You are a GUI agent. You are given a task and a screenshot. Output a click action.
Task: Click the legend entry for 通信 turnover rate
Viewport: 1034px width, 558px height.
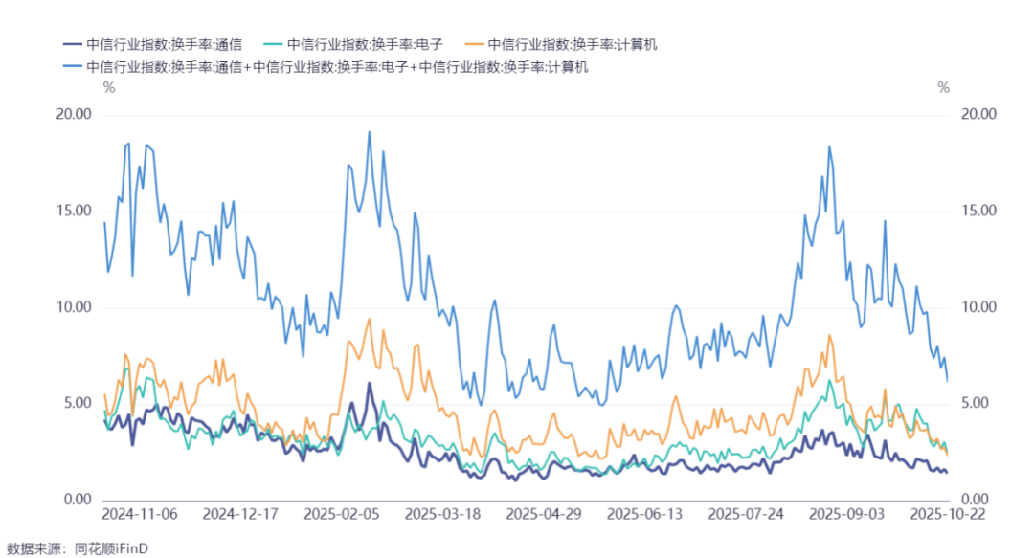[153, 45]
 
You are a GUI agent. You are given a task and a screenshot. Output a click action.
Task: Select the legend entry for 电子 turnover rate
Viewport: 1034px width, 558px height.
[353, 45]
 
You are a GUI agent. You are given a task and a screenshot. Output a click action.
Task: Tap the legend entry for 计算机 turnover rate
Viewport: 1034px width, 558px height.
[561, 45]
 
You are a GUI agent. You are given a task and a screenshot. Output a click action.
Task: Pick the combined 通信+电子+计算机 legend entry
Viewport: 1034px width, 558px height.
[326, 67]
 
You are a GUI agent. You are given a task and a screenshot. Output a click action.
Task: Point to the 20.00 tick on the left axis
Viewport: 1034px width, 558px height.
[74, 114]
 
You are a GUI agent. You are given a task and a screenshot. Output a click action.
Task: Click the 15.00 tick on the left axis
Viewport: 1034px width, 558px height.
[74, 212]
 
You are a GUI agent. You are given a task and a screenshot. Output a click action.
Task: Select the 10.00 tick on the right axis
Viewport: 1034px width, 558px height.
[978, 307]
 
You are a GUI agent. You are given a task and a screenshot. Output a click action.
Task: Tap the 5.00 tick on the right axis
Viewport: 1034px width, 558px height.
[978, 404]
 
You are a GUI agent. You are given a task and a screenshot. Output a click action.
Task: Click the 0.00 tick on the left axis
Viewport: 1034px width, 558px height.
[78, 500]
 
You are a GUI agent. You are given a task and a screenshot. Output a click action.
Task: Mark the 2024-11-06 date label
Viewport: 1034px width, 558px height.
[140, 515]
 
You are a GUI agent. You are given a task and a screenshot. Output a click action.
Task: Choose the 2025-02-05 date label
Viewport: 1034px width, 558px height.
[342, 515]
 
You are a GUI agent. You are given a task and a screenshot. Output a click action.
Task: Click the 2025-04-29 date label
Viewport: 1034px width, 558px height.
[544, 515]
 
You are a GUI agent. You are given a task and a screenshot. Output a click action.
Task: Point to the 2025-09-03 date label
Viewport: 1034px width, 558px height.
[846, 515]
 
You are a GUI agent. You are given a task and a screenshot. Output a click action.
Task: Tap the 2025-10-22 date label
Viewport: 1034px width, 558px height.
[948, 515]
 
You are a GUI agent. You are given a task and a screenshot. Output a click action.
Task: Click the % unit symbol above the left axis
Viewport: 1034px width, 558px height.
[109, 88]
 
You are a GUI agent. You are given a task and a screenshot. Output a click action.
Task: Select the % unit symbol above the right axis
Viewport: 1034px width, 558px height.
[944, 88]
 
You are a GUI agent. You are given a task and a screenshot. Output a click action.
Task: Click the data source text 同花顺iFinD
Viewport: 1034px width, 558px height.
[111, 548]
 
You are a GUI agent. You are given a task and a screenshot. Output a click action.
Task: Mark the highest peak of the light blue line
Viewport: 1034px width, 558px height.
[370, 131]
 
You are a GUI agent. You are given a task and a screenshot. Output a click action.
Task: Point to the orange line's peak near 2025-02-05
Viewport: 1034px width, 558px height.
[370, 320]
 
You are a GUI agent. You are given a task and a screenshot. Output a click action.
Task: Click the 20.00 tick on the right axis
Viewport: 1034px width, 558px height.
[978, 114]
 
